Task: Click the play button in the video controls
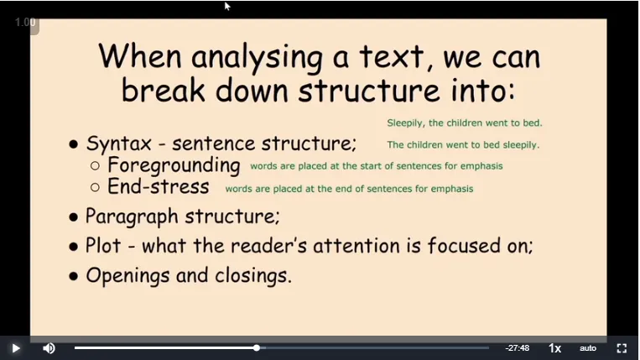coord(16,348)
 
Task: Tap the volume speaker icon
coord(49,348)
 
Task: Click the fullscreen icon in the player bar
coord(622,348)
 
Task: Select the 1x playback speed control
coord(554,348)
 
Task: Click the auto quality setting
coord(588,348)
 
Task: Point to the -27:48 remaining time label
coord(518,348)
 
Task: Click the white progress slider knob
coord(257,347)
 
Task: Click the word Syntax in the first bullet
coord(119,144)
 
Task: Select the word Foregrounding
coord(174,166)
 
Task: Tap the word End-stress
coord(159,186)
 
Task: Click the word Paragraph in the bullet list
coord(132,217)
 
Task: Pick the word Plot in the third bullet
coord(103,246)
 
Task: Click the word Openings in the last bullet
coord(127,276)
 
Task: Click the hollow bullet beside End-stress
coord(95,187)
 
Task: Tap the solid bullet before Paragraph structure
coord(74,217)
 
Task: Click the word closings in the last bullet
coord(253,275)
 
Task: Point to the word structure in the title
coord(369,90)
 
